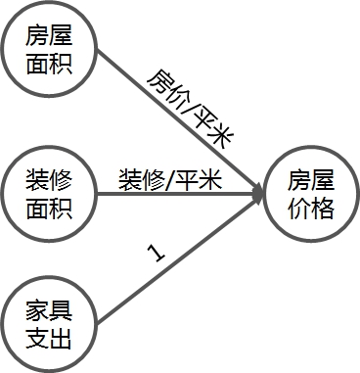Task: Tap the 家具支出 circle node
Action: tap(49, 327)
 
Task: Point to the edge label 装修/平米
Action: tap(169, 180)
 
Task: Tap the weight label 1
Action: tap(155, 254)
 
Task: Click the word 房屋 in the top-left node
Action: tap(49, 39)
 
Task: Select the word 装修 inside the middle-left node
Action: tap(49, 180)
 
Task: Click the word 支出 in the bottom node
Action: tap(49, 340)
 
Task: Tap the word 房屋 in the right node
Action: tap(310, 180)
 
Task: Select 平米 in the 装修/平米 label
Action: tap(200, 180)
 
